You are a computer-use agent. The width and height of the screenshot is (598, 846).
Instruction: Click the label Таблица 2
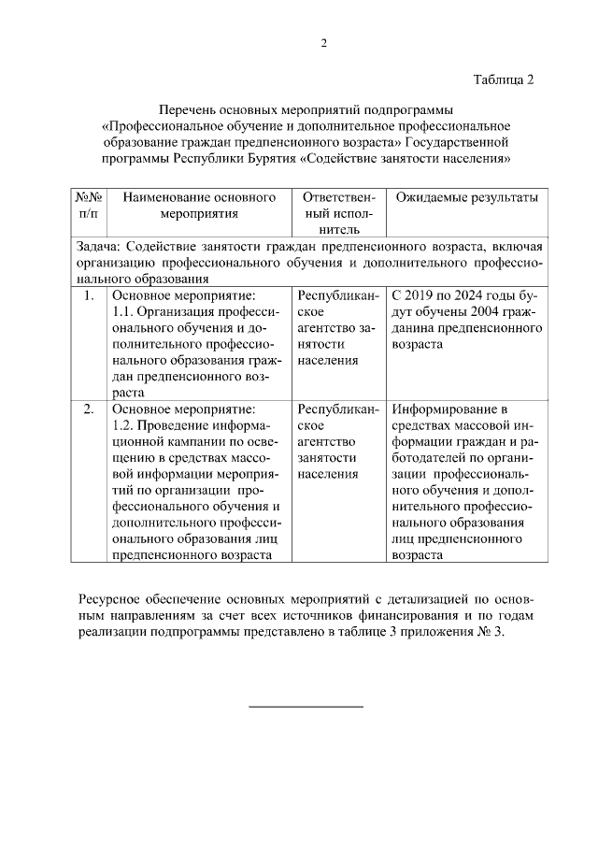tap(503, 79)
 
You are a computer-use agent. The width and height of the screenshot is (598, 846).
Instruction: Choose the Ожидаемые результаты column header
tap(466, 198)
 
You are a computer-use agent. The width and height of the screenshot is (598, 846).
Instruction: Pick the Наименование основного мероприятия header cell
tap(199, 206)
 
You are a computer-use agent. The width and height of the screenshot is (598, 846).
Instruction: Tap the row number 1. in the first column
tap(89, 296)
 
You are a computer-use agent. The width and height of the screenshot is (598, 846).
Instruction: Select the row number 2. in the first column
tap(89, 409)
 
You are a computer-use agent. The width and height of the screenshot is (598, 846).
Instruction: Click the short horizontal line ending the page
tap(306, 705)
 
